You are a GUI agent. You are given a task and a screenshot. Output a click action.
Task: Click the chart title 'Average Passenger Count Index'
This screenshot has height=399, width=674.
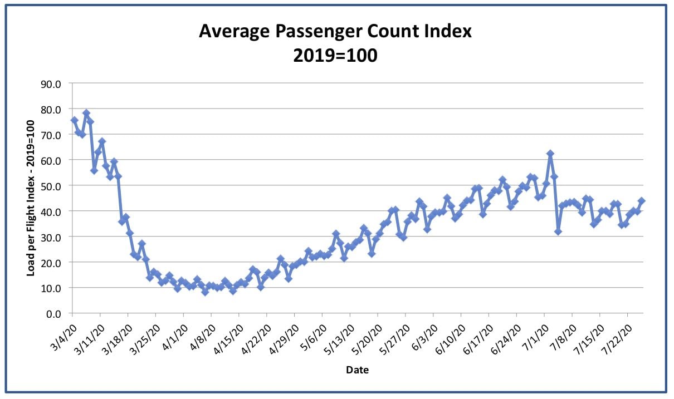point(335,32)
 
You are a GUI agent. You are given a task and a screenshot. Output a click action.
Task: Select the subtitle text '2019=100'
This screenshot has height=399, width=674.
point(335,56)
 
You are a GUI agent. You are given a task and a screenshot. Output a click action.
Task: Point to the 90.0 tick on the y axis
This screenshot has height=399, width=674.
point(51,84)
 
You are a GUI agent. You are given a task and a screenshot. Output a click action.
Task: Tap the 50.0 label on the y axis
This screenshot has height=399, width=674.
point(51,186)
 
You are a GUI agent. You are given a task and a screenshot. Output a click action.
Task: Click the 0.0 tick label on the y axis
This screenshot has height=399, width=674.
point(53,314)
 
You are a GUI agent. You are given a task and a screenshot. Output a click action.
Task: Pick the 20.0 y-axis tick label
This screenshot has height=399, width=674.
point(51,263)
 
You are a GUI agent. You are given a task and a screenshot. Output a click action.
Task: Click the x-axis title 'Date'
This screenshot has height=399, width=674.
point(357,370)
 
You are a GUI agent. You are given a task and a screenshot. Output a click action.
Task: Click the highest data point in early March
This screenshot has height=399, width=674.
point(86,113)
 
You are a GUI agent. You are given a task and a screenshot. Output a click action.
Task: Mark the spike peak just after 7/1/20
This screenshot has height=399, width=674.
point(550,154)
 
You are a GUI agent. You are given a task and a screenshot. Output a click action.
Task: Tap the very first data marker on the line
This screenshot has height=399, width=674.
point(74,120)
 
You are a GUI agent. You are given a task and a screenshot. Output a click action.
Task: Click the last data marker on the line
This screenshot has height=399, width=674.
point(641,200)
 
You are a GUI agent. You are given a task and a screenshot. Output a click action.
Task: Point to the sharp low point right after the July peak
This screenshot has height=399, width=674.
point(558,231)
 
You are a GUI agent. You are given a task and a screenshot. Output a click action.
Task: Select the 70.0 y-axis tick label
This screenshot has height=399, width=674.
point(51,135)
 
